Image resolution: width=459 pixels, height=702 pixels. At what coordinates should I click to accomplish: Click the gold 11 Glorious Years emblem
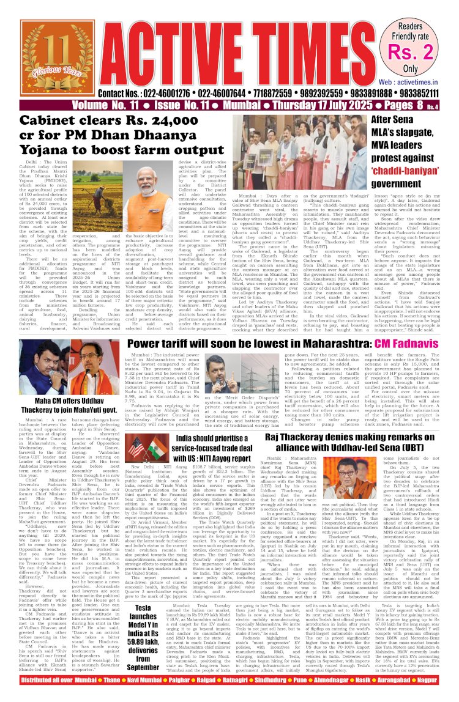(34, 66)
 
